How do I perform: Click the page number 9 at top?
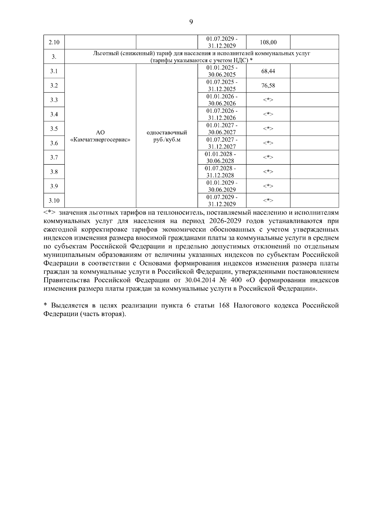tap(191, 22)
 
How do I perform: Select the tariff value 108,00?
tap(268, 42)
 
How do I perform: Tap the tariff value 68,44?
tap(268, 71)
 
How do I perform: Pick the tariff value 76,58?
tap(268, 85)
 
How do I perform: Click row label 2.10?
tap(54, 42)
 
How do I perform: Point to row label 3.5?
tap(54, 129)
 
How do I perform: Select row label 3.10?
tap(54, 201)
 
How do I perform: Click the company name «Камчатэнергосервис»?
tap(100, 140)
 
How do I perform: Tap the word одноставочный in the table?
tap(167, 132)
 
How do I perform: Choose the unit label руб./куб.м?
tap(167, 140)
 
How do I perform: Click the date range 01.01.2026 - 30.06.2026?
tap(222, 100)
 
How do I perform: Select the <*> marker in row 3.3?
tap(268, 100)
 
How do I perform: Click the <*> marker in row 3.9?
tap(268, 186)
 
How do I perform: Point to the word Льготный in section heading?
tap(105, 53)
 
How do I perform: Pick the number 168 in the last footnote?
tap(224, 305)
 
